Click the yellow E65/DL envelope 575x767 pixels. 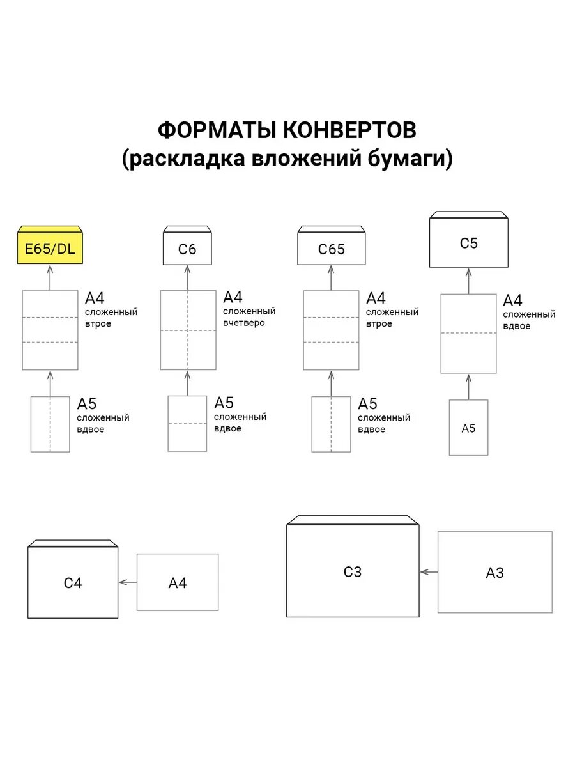tap(50, 248)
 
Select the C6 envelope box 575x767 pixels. tap(187, 249)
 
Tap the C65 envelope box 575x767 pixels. tap(331, 249)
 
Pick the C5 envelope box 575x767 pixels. tap(468, 244)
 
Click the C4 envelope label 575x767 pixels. tap(73, 583)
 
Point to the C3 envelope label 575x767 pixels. tap(353, 572)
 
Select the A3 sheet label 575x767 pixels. tap(494, 573)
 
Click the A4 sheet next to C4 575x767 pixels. tap(178, 582)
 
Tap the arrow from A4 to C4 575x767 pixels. tap(128, 582)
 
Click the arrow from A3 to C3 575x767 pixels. tap(429, 572)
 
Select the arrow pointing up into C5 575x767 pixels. tap(468, 281)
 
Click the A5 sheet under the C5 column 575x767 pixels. tap(468, 428)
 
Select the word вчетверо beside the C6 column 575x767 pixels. tap(244, 323)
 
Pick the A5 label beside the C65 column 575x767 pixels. tap(367, 404)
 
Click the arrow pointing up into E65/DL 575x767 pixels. tap(50, 278)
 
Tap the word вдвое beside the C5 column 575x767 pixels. tap(517, 326)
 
